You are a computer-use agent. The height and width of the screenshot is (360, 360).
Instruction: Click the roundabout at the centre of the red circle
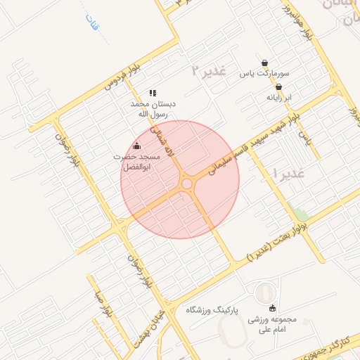pyautogui.click(x=187, y=184)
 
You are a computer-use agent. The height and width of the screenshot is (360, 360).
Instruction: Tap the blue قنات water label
pyautogui.click(x=90, y=27)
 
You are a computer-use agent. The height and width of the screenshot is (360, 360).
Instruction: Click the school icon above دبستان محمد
pyautogui.click(x=153, y=93)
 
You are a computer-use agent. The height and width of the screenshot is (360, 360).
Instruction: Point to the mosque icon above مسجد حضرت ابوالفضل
pyautogui.click(x=136, y=146)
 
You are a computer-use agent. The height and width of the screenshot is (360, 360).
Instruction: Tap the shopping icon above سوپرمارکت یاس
pyautogui.click(x=264, y=62)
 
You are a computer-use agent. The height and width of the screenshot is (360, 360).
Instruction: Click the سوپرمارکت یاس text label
pyautogui.click(x=264, y=73)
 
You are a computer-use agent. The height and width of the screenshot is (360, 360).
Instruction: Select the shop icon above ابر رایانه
pyautogui.click(x=278, y=87)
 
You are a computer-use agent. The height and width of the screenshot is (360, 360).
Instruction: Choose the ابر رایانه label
pyautogui.click(x=278, y=98)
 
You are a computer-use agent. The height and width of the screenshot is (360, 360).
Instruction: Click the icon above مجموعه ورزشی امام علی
pyautogui.click(x=273, y=307)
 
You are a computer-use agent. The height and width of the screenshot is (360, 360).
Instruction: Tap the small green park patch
pyautogui.click(x=301, y=213)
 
